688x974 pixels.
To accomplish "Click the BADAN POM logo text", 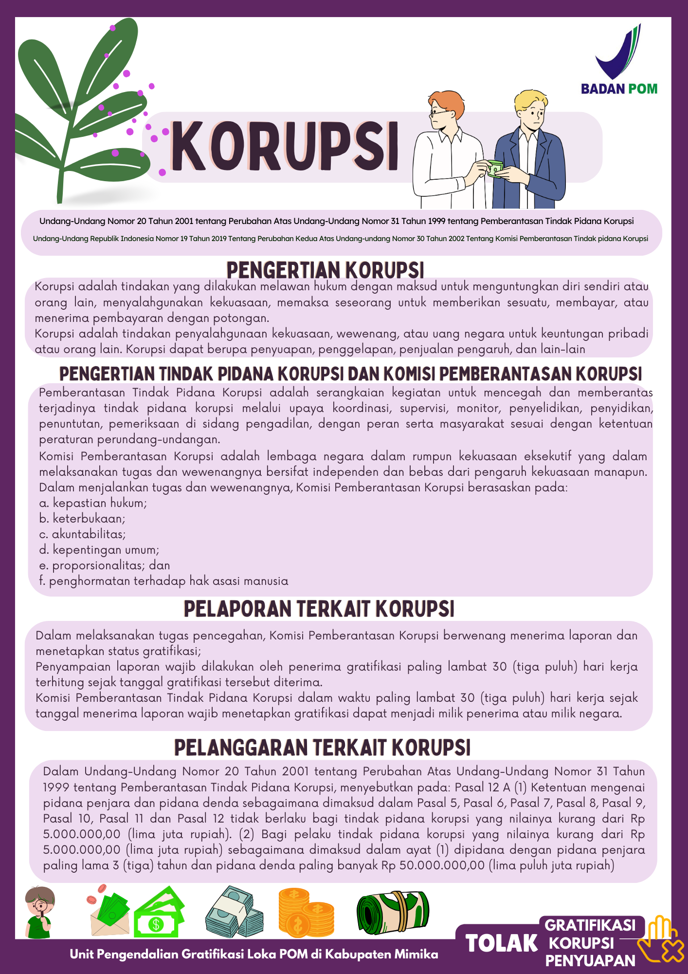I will [619, 89].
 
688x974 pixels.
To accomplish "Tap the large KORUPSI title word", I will [285, 147].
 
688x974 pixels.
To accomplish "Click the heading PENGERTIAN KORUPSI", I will [325, 270].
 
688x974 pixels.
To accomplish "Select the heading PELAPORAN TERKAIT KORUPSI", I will [319, 609].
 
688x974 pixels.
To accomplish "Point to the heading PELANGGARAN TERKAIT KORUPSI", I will [322, 748].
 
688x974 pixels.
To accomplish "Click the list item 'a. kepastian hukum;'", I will [93, 503].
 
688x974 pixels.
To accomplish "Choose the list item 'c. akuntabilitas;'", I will [82, 534].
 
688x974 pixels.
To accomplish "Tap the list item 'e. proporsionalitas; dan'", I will [105, 565].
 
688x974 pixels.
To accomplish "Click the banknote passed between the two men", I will [495, 168].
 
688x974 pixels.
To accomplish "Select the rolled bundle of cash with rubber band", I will [393, 912].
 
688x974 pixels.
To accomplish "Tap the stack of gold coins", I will [306, 912].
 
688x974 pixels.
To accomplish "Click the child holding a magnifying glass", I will [40, 912].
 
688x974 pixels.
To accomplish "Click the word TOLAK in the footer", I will [502, 943].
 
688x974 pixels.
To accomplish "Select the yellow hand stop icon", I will [659, 940].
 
